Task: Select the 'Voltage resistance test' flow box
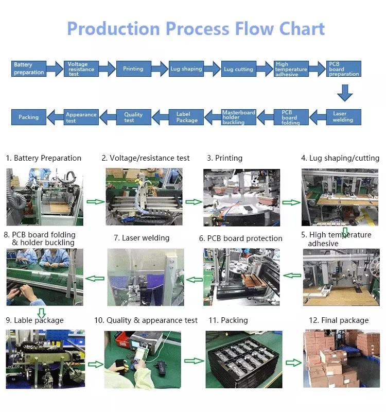coord(81,69)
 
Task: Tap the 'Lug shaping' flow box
coord(186,69)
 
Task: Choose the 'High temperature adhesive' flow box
coord(291,69)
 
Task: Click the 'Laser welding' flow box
coord(343,117)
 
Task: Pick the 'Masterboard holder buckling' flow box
coord(238,117)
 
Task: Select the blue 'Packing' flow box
coord(29,117)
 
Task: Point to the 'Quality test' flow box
coord(133,117)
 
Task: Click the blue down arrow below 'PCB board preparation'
coord(345,93)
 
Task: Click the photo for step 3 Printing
coord(241,197)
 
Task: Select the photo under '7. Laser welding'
coord(146,277)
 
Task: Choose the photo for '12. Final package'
coord(341,358)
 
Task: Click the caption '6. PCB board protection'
coord(241,238)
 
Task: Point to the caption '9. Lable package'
coord(34,320)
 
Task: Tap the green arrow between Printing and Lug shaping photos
coord(291,202)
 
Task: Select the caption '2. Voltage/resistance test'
coord(146,158)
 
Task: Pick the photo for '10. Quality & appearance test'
coord(143,358)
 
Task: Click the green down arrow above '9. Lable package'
coord(41,313)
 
